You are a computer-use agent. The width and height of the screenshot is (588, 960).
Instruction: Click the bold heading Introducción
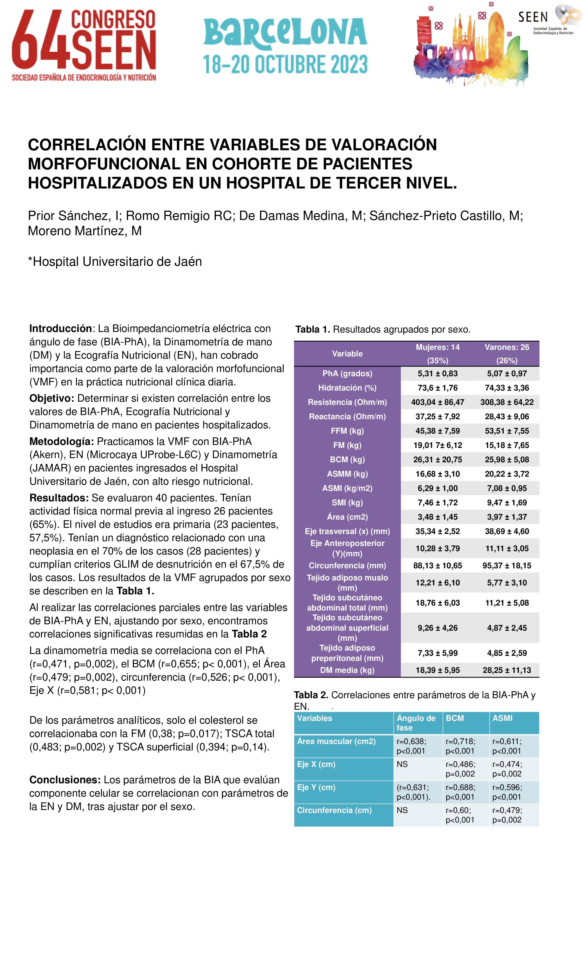click(x=60, y=328)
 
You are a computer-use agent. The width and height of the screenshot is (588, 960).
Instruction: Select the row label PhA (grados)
click(x=347, y=373)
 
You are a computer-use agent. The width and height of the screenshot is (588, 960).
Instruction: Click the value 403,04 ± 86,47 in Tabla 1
click(x=437, y=402)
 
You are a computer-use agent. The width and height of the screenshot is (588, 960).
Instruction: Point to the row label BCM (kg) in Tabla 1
click(x=347, y=459)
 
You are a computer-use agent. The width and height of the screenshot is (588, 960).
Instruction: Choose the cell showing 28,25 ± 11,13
click(x=507, y=670)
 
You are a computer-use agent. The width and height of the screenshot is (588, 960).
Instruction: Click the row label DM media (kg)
click(x=347, y=670)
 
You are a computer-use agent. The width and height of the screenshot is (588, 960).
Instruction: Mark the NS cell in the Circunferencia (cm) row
click(x=402, y=810)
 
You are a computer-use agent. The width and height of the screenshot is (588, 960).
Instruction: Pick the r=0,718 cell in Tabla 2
click(x=461, y=746)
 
